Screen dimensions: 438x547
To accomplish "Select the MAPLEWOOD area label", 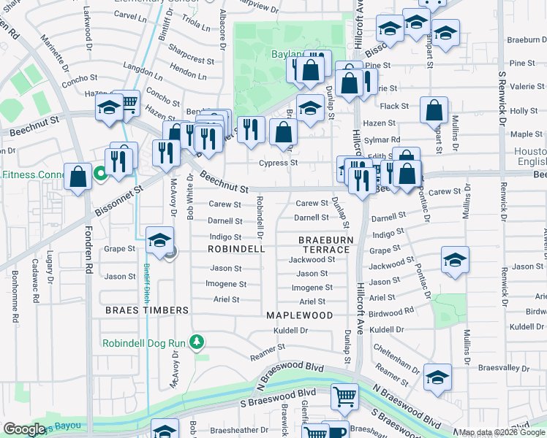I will pyautogui.click(x=299, y=315).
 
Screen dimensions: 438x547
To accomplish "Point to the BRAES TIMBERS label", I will pyautogui.click(x=147, y=310).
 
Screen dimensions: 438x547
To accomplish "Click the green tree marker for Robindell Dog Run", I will pyautogui.click(x=196, y=342).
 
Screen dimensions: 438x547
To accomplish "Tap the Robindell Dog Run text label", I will pyautogui.click(x=144, y=343).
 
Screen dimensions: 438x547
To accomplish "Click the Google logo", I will pyautogui.click(x=25, y=429).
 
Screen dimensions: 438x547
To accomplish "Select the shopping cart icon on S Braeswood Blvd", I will pyautogui.click(x=344, y=396).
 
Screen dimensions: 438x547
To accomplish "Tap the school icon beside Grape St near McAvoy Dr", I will pyautogui.click(x=159, y=239).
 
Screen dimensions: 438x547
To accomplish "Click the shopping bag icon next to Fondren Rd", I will pyautogui.click(x=78, y=176).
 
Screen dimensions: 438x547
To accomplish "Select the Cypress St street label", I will pyautogui.click(x=283, y=163).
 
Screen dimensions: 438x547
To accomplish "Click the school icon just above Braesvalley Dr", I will pyautogui.click(x=437, y=376).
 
